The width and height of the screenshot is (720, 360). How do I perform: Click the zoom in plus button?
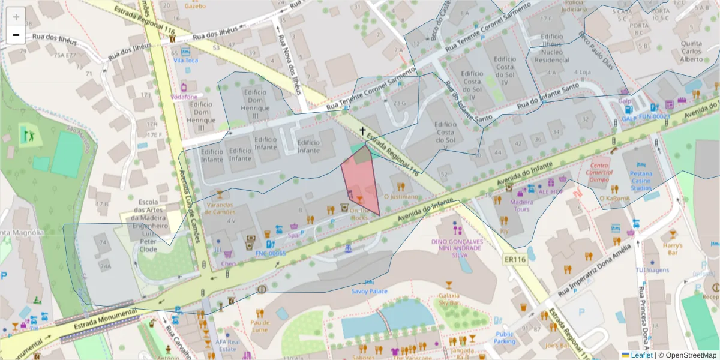(16, 17)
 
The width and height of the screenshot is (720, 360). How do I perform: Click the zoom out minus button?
(16, 35)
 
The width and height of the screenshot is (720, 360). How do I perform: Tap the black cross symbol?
(362, 131)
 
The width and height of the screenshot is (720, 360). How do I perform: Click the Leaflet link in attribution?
(640, 355)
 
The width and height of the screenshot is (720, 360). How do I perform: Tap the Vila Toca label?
(186, 60)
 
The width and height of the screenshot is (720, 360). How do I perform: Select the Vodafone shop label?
(184, 97)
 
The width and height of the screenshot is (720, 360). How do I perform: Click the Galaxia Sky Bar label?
(449, 299)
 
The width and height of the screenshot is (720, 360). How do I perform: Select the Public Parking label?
(505, 338)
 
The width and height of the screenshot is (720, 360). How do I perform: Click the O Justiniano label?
(401, 196)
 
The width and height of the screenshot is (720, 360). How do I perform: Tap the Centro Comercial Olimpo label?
(600, 172)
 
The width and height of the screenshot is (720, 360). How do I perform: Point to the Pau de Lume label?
(259, 325)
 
